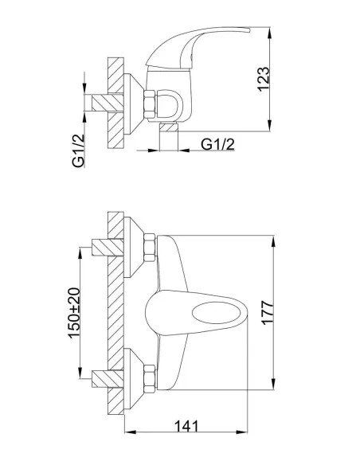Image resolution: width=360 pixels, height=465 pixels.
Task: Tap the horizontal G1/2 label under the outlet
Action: coord(217,144)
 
